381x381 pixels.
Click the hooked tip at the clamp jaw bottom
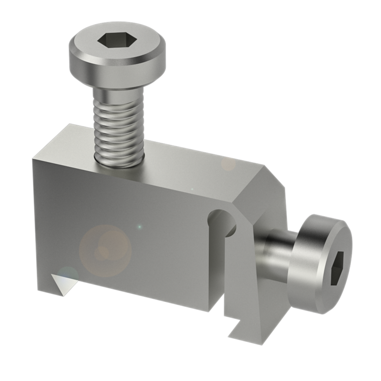(238, 330)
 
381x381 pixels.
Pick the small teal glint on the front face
(139, 227)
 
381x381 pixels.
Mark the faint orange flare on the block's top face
(228, 163)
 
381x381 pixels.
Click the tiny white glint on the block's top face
(192, 189)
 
